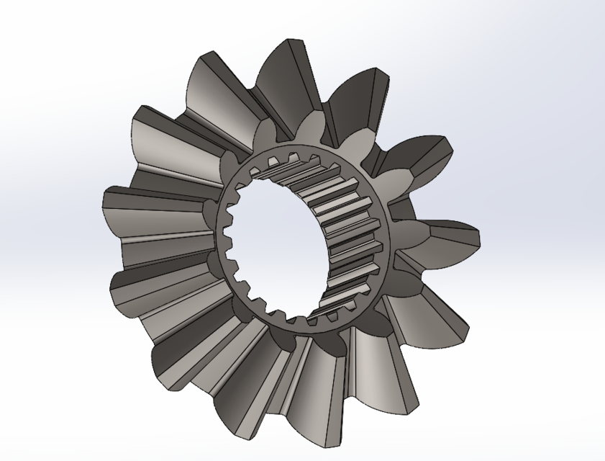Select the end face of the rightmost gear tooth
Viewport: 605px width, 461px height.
pyautogui.click(x=464, y=237)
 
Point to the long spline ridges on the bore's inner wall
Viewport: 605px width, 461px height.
pyautogui.click(x=345, y=238)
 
